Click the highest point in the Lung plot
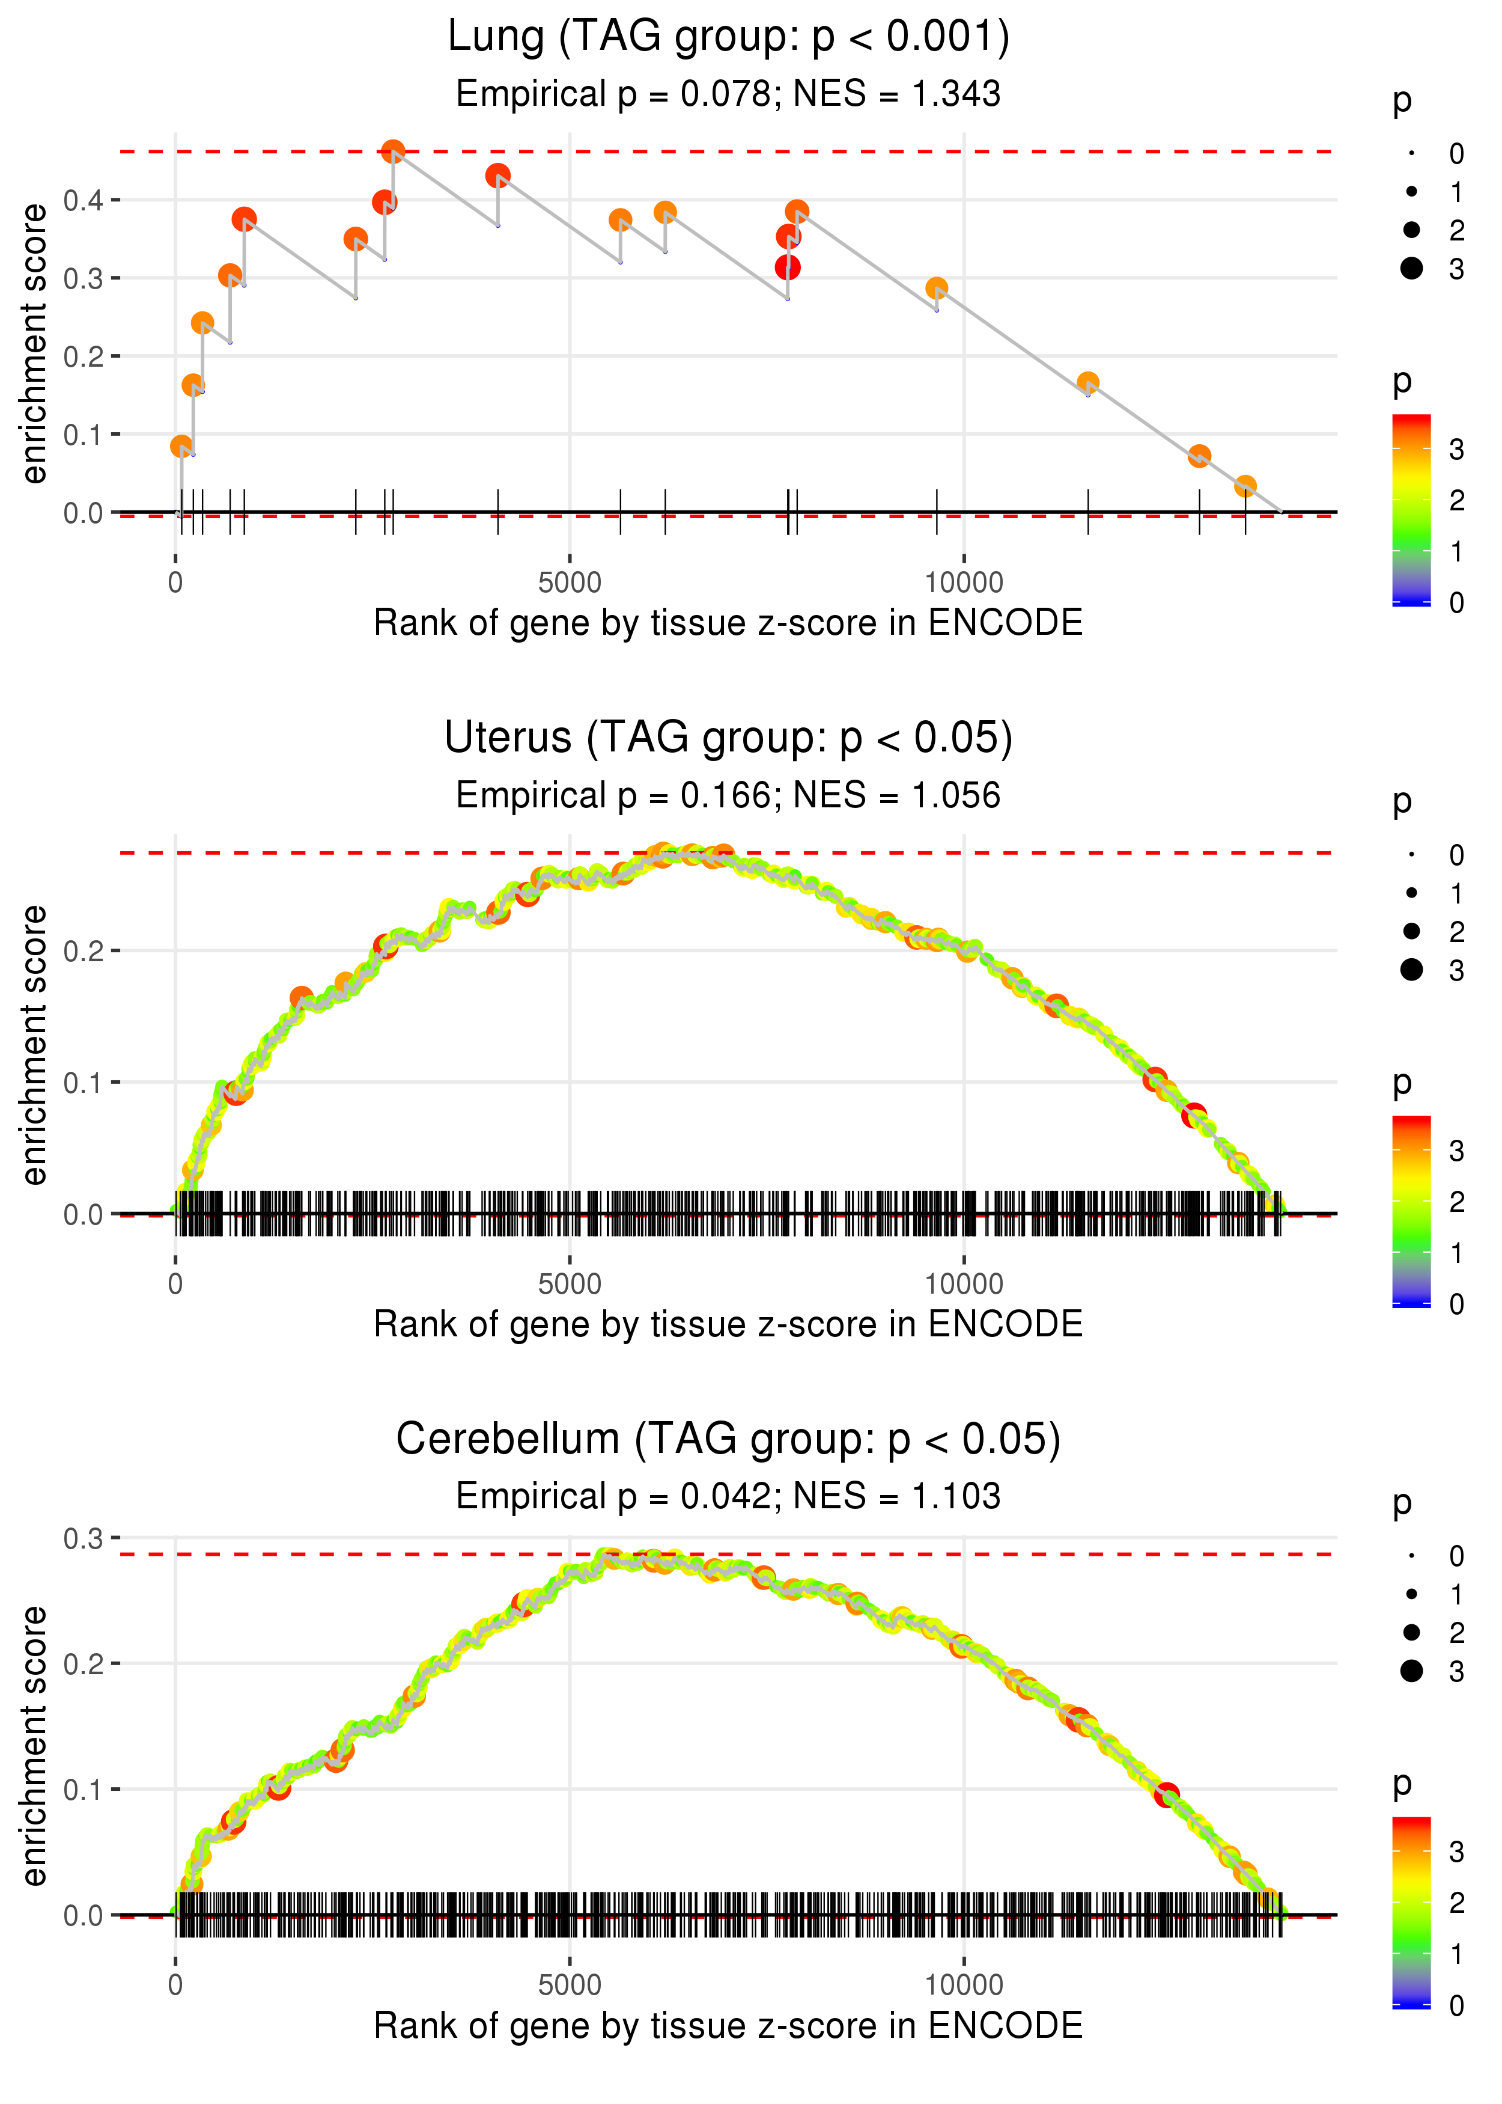tap(393, 151)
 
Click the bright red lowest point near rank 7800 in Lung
tap(787, 268)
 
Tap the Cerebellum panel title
tap(728, 1439)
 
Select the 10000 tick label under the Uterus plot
tap(964, 1283)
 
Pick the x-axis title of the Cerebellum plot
tap(728, 2025)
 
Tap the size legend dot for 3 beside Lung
tap(1411, 268)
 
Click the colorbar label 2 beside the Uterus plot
tap(1457, 1202)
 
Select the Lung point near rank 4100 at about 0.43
tap(497, 175)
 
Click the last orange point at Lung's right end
tap(1245, 486)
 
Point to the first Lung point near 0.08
tap(181, 446)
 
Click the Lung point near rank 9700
tap(936, 289)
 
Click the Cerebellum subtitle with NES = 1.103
tap(728, 1496)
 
